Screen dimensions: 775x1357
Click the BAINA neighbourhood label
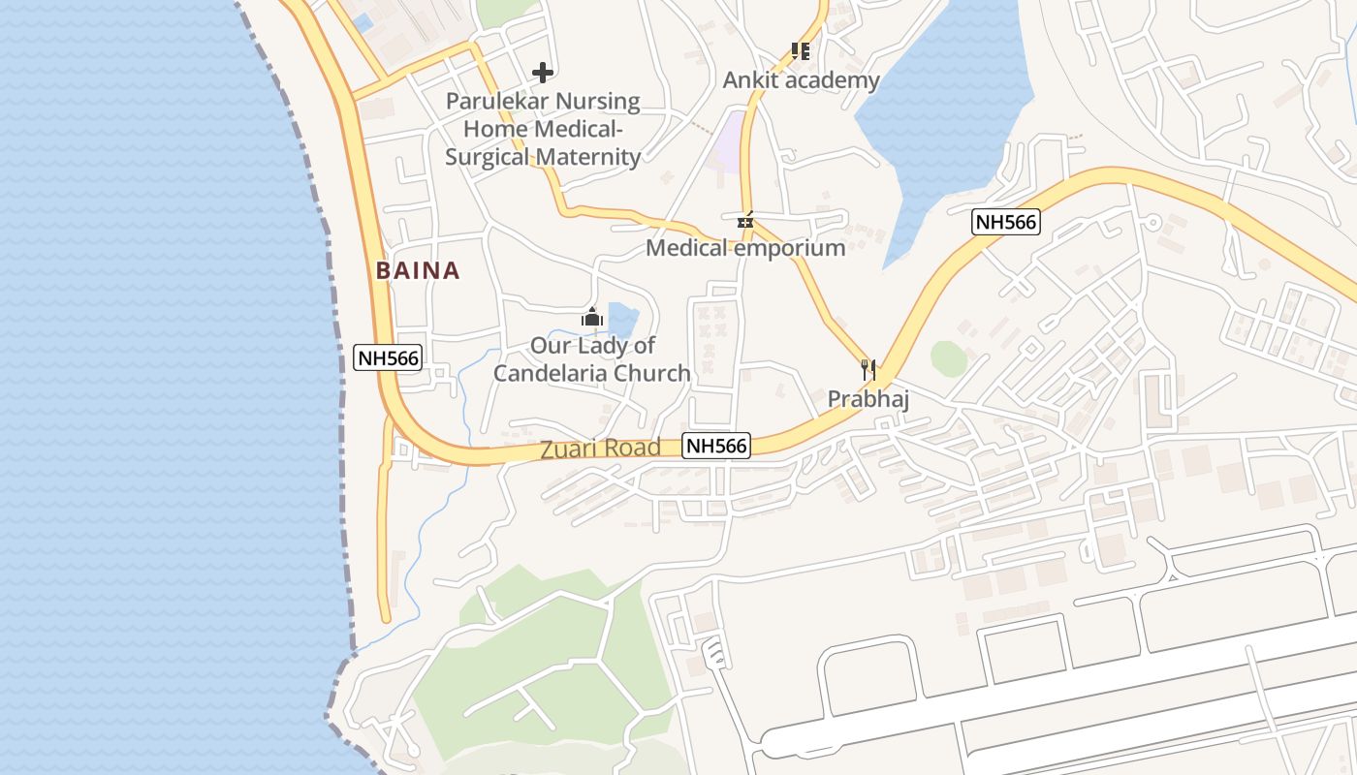tap(418, 270)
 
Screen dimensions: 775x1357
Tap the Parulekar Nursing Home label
tap(543, 129)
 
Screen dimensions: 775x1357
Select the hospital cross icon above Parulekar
tap(543, 72)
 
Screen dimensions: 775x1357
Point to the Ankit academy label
tap(801, 79)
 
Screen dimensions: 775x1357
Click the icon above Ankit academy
tap(800, 50)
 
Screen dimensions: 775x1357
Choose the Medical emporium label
tap(744, 248)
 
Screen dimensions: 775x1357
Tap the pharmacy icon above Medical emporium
tap(744, 220)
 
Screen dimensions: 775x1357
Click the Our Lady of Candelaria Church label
tap(592, 359)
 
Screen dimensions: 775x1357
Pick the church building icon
tap(591, 317)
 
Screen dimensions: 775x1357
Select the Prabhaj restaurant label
tap(868, 398)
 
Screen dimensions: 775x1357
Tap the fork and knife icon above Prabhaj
tap(868, 369)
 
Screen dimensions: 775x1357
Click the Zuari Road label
tap(600, 448)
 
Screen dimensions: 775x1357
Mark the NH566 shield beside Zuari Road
tap(716, 446)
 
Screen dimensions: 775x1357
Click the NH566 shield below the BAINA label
tap(388, 357)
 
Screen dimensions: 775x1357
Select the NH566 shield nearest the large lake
tap(1006, 222)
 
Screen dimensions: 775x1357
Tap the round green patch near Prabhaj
tap(949, 357)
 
